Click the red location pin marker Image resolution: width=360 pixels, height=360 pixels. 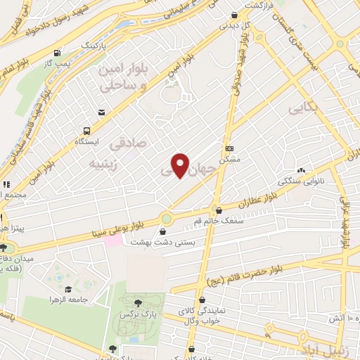tap(181, 166)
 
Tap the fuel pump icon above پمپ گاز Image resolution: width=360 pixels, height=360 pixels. tap(56, 52)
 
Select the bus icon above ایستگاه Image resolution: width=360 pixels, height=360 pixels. tap(86, 131)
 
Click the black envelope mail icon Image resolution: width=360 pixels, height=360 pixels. tap(102, 112)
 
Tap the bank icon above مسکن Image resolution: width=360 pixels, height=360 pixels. tap(229, 148)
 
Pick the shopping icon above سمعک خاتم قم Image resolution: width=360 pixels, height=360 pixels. tap(219, 210)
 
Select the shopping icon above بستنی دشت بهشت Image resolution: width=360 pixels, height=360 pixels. tap(164, 231)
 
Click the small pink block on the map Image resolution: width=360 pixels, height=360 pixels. tap(112, 240)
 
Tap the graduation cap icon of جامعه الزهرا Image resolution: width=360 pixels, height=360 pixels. tap(68, 289)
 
